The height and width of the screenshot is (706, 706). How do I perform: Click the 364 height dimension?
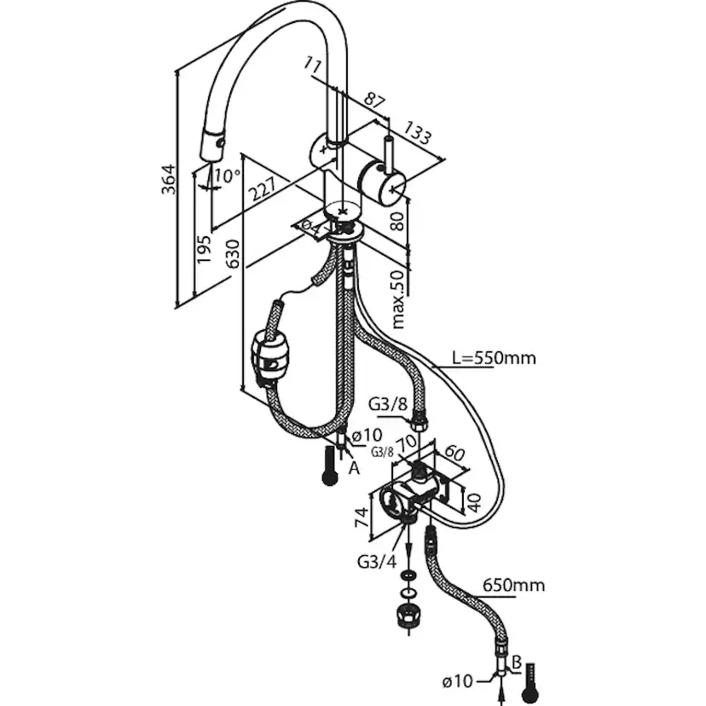click(169, 179)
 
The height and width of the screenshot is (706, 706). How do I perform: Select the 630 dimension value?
click(234, 253)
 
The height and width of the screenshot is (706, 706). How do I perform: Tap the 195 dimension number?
click(204, 249)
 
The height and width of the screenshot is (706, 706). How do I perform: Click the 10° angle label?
click(227, 175)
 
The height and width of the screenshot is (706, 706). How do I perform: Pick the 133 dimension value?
click(417, 132)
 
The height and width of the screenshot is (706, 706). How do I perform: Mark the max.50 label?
click(399, 299)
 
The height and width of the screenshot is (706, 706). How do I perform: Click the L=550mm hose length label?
click(494, 358)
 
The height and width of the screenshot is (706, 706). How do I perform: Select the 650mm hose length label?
click(513, 585)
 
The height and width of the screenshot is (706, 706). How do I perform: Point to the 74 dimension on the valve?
click(362, 517)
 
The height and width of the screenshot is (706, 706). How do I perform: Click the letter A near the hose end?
click(355, 469)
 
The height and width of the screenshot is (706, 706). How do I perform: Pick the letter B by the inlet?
click(517, 663)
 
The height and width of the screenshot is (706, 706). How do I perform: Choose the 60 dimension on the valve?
click(454, 454)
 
